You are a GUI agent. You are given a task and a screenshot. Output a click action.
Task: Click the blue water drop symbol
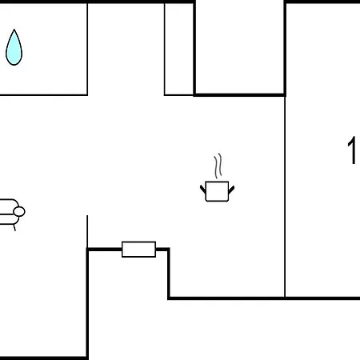click(14, 48)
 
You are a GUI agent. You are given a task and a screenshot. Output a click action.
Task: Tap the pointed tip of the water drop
click(14, 30)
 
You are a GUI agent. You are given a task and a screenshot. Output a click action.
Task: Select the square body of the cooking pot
click(217, 191)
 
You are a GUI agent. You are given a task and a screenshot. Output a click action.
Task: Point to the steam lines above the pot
click(218, 166)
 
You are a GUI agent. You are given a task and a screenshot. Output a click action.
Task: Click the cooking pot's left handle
click(203, 190)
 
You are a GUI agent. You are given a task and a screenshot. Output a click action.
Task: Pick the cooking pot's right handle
click(231, 190)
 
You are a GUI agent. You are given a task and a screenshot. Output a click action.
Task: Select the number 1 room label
click(352, 150)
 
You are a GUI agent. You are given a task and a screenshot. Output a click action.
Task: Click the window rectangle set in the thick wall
click(138, 250)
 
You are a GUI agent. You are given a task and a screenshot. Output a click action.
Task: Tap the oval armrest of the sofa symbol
click(19, 212)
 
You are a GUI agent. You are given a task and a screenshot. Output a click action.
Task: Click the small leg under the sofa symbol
click(14, 227)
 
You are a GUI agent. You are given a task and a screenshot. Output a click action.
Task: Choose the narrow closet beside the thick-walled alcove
click(178, 49)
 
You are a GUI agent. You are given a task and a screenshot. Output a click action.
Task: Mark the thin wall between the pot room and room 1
click(285, 197)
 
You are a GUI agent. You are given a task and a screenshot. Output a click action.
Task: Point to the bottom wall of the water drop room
click(44, 94)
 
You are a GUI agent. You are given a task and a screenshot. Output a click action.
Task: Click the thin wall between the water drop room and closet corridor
click(87, 49)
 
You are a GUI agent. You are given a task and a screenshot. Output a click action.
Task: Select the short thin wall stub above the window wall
click(87, 231)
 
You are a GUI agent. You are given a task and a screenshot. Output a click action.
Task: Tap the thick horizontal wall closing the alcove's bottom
click(240, 94)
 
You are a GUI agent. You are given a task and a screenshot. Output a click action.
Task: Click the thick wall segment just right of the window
click(162, 250)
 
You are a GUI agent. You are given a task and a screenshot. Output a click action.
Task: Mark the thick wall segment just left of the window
click(105, 250)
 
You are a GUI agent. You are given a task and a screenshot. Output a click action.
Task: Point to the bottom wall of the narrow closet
click(178, 94)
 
